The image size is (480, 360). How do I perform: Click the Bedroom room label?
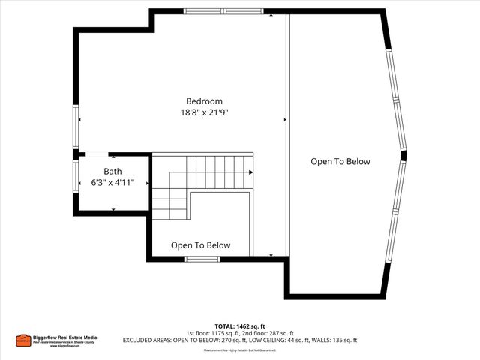click(x=204, y=101)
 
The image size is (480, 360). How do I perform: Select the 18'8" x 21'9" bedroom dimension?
click(x=204, y=112)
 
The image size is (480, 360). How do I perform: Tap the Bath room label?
click(x=112, y=171)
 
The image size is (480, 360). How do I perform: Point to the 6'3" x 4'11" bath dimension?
click(x=112, y=182)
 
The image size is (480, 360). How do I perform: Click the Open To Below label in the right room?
click(x=340, y=161)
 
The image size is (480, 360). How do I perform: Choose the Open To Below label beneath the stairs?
click(x=200, y=245)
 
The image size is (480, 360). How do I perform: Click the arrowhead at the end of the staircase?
click(x=250, y=172)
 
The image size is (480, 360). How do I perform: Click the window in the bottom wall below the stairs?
click(x=202, y=259)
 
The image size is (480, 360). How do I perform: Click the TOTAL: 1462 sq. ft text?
click(x=240, y=326)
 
